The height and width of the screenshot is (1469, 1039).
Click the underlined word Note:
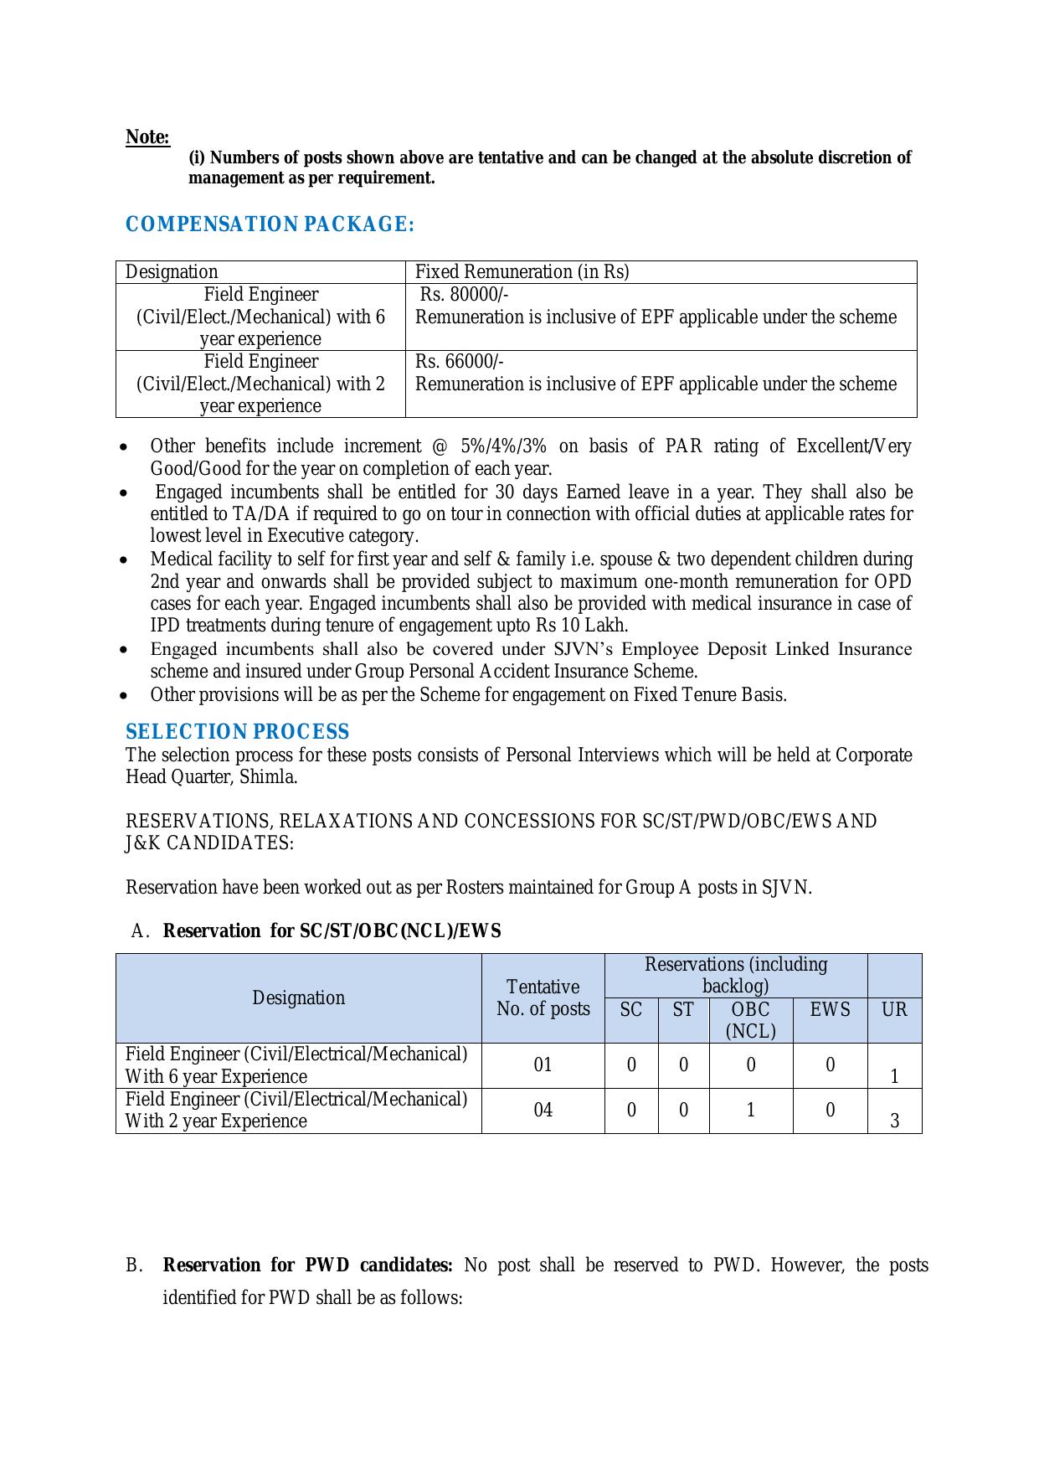tap(147, 137)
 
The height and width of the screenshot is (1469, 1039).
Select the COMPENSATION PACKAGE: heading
tap(270, 224)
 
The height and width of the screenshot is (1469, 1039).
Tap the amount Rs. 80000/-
tap(464, 295)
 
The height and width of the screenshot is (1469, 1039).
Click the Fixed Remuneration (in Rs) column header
tap(522, 272)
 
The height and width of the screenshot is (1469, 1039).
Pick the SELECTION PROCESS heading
tap(237, 732)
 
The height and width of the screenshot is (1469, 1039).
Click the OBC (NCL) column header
tap(750, 1020)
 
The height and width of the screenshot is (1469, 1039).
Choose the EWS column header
tap(830, 1010)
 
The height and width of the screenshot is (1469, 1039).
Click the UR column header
tap(894, 1010)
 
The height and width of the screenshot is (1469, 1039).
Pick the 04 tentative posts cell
tap(543, 1111)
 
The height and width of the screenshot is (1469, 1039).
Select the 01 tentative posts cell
tap(543, 1065)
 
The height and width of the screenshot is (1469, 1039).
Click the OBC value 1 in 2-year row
tap(750, 1111)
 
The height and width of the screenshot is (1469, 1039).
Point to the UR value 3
tap(894, 1121)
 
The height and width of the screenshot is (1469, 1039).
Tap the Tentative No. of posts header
tap(543, 998)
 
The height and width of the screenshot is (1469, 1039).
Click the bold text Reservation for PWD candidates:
tap(307, 1265)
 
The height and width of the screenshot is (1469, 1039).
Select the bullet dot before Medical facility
tap(125, 559)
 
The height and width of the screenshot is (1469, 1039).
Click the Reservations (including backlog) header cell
tap(735, 976)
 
